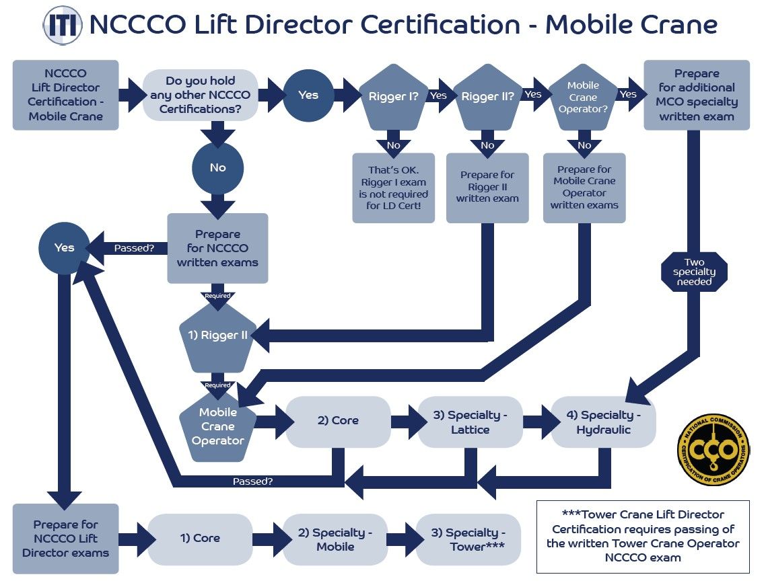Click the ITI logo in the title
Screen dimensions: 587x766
coord(63,26)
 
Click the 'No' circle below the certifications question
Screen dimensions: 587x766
coord(217,168)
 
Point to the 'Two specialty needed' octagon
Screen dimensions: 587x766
coord(694,272)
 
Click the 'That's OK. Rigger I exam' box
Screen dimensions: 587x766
coord(393,188)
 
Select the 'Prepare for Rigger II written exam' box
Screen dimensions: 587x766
coord(487,188)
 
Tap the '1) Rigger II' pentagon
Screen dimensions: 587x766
coord(217,336)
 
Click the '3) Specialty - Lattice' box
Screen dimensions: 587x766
coord(470,422)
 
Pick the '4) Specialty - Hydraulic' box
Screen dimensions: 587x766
coord(603,422)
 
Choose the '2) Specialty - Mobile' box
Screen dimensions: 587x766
coord(335,539)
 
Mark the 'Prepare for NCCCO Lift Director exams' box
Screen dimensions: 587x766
coord(65,539)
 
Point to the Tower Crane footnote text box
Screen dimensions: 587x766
coord(642,536)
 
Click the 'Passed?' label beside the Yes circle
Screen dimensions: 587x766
coord(134,248)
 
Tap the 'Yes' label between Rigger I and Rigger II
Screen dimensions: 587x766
coord(438,95)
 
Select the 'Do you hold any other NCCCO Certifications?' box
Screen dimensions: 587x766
coord(201,95)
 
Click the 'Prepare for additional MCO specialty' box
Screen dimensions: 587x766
coord(696,95)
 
